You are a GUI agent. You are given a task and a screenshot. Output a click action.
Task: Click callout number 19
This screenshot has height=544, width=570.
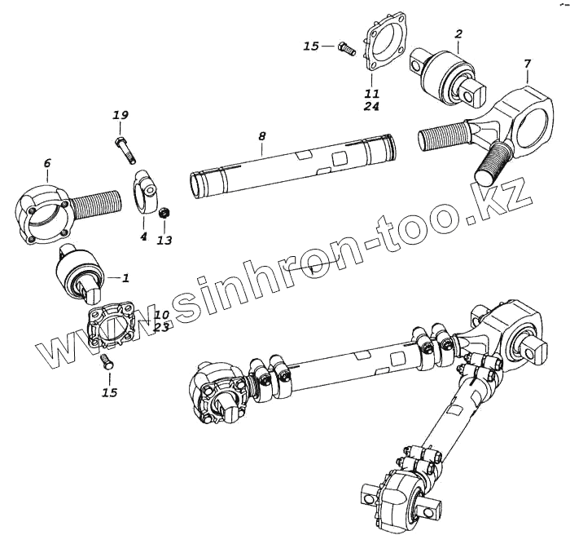(121, 116)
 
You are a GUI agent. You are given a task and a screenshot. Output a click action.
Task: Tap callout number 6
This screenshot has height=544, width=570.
(46, 164)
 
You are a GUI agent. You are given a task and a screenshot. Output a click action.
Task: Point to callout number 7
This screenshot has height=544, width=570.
(527, 64)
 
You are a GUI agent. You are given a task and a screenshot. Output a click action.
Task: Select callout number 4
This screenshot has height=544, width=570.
(143, 237)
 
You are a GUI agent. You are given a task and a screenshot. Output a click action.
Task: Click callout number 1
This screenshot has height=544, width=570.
(125, 277)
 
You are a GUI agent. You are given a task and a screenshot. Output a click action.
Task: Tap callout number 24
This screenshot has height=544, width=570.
(372, 106)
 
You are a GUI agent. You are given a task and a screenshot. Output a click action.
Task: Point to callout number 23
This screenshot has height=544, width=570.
(161, 328)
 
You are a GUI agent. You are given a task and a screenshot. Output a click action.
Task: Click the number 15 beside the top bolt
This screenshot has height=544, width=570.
(311, 46)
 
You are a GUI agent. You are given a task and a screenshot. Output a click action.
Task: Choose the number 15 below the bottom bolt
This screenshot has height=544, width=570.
(109, 392)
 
